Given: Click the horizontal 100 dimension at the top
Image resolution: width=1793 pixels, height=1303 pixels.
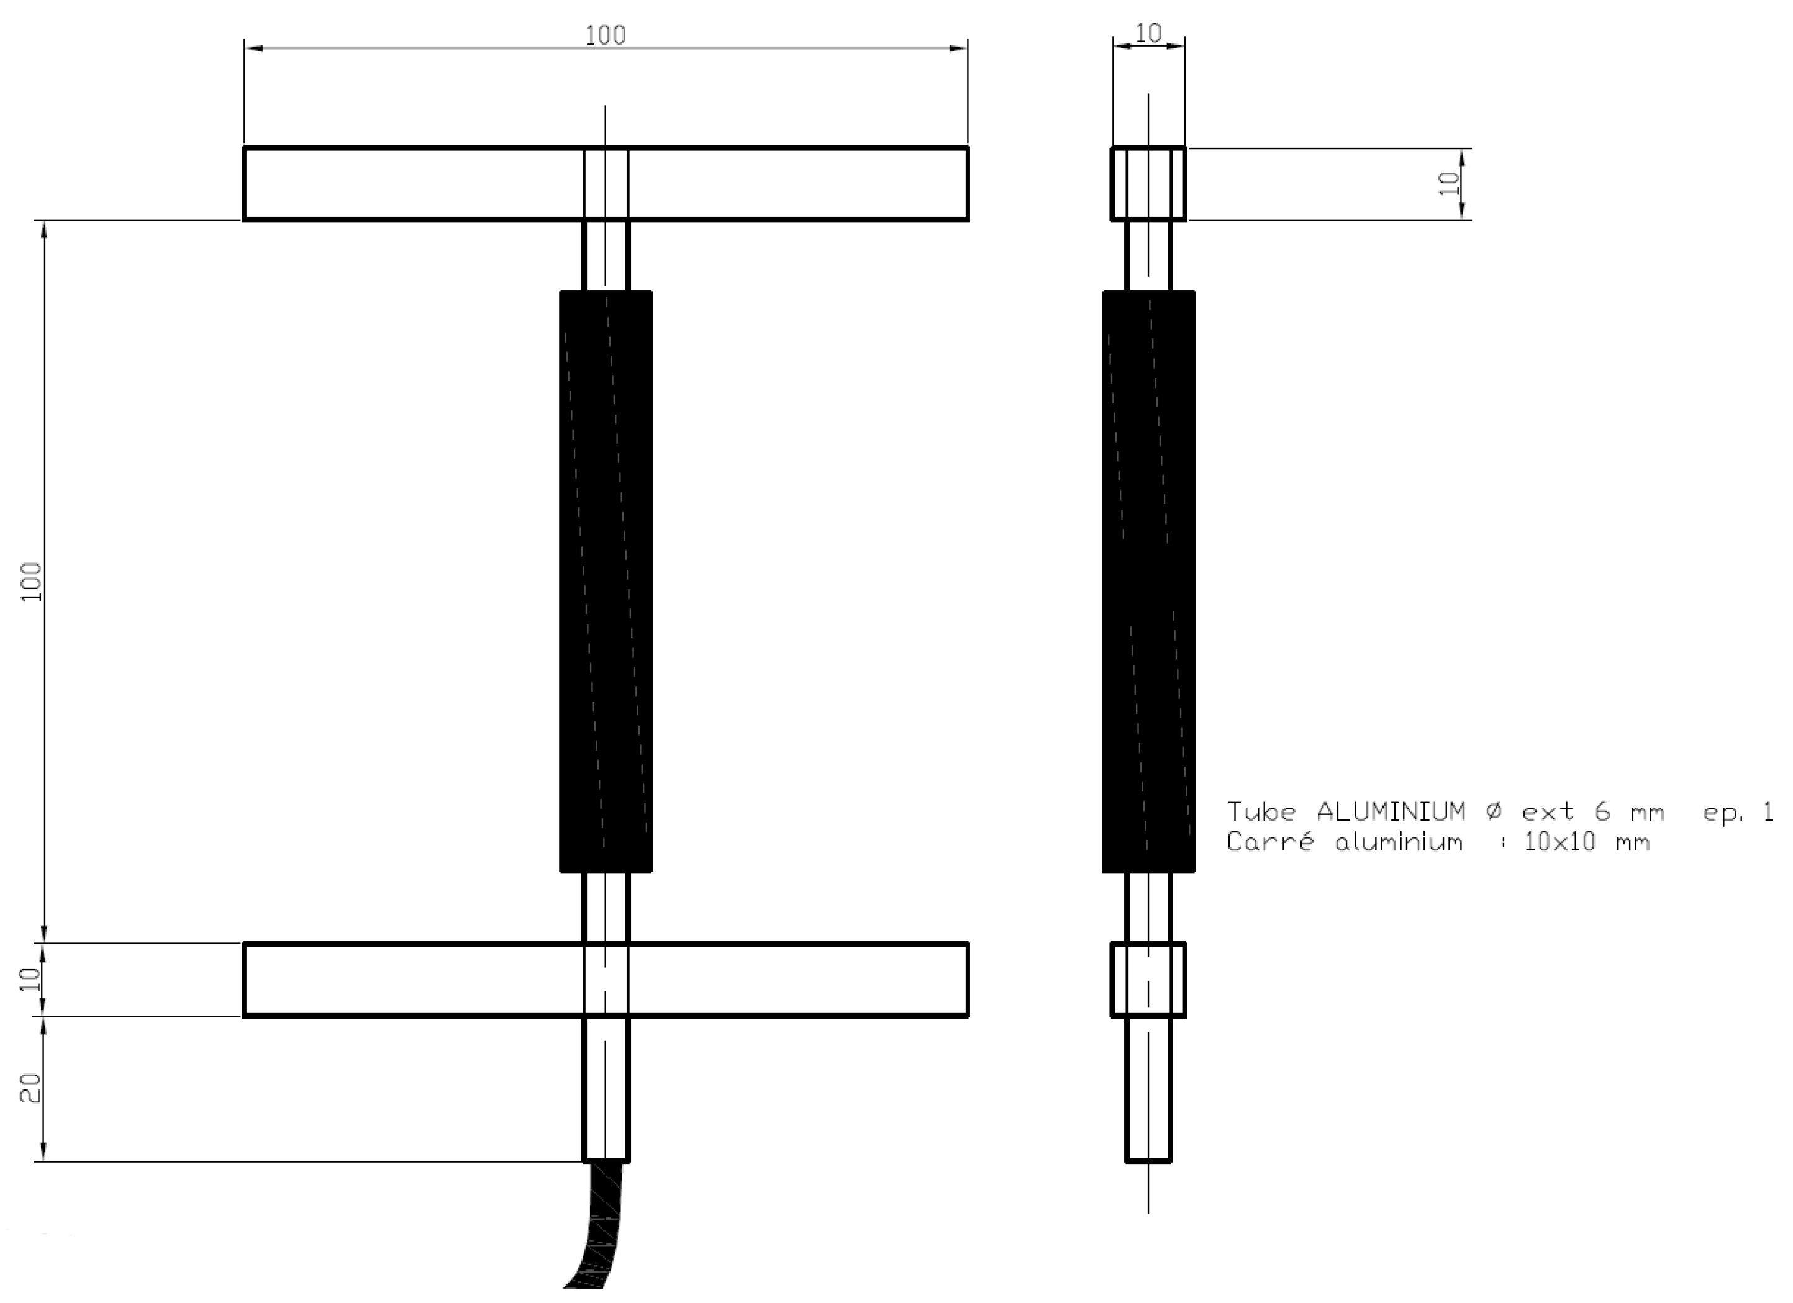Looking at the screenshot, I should tap(605, 35).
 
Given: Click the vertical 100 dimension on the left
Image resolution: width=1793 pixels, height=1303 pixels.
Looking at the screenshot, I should tap(31, 582).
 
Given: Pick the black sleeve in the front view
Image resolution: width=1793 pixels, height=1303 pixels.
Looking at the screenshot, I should tap(606, 582).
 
